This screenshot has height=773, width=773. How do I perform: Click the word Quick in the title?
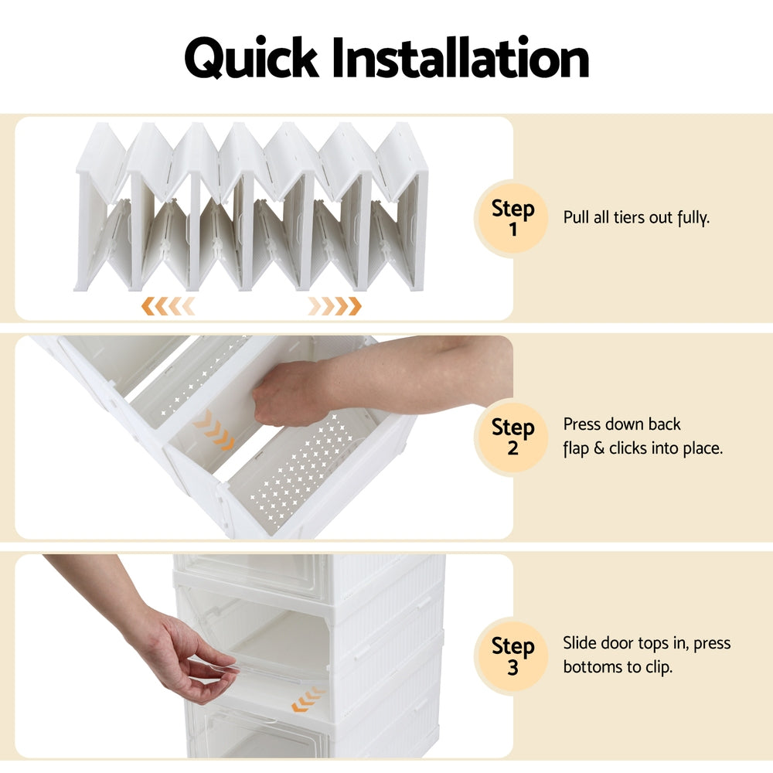tap(250, 60)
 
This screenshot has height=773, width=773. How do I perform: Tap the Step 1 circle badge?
tap(513, 218)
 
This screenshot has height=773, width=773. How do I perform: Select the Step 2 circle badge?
tap(513, 437)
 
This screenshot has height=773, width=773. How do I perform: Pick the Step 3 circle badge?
tap(513, 656)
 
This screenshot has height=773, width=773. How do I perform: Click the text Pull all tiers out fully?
tap(636, 217)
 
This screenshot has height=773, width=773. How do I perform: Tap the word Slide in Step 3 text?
tap(581, 643)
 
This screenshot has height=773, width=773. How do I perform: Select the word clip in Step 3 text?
tap(656, 666)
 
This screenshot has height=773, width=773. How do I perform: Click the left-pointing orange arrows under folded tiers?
tap(168, 306)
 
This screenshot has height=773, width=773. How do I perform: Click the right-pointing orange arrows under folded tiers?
tap(334, 306)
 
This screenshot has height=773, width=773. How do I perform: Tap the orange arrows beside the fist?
tap(214, 431)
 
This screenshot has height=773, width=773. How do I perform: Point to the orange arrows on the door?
tap(307, 700)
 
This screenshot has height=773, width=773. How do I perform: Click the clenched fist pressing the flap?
tap(282, 392)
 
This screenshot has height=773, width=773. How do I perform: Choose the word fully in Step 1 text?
tap(693, 218)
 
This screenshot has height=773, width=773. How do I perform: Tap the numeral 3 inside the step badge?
tap(513, 667)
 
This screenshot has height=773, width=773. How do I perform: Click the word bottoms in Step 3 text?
tap(594, 666)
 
